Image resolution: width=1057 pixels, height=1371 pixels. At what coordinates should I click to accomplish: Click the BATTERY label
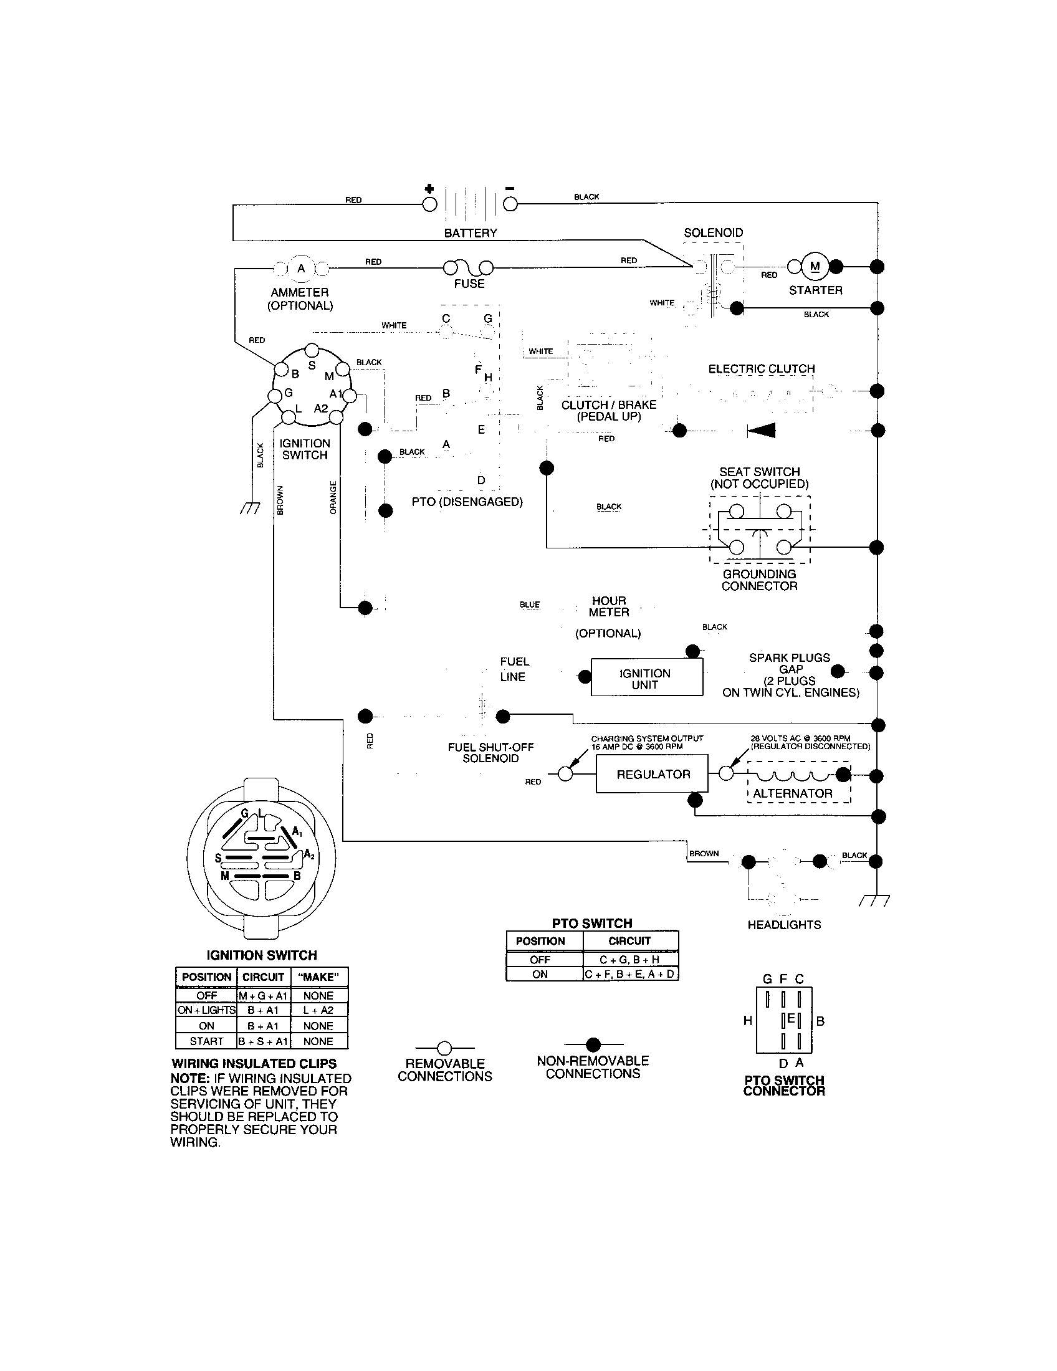pos(470,233)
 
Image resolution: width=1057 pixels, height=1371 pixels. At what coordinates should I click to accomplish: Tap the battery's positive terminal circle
pos(429,204)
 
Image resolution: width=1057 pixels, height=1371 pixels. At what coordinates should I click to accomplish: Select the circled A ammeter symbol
pos(300,269)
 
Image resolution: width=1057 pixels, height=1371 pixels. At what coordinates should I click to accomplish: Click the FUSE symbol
pos(468,268)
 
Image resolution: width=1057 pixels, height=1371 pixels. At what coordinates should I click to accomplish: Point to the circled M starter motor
pos(815,267)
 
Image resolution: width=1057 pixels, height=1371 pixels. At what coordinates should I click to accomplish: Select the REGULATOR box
pos(652,774)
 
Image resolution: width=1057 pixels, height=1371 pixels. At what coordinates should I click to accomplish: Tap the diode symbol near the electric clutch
pos(761,430)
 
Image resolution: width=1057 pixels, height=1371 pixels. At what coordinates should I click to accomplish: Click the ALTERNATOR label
pos(792,793)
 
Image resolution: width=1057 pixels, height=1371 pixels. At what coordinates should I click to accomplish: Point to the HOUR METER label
pos(608,606)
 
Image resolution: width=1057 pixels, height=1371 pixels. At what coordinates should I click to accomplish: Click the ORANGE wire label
pos(333,497)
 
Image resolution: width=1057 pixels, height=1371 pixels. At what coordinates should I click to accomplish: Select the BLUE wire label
pos(529,604)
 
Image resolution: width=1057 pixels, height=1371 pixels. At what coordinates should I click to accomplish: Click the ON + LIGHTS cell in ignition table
pos(206,1010)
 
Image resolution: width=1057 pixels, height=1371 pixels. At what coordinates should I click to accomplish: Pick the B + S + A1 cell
pos(264,1041)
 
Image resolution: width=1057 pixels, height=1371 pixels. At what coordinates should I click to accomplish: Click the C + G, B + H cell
pos(629,960)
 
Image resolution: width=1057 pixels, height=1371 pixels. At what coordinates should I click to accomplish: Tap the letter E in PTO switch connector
pos(791,1018)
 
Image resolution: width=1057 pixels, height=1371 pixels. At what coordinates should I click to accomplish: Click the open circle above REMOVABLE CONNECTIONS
pos(444,1048)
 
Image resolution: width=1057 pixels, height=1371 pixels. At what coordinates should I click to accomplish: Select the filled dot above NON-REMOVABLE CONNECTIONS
pos(593,1044)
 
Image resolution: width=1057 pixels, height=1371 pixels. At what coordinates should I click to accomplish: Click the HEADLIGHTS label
pos(784,925)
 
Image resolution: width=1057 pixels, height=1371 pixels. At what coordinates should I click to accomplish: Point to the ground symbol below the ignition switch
pos(250,509)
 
